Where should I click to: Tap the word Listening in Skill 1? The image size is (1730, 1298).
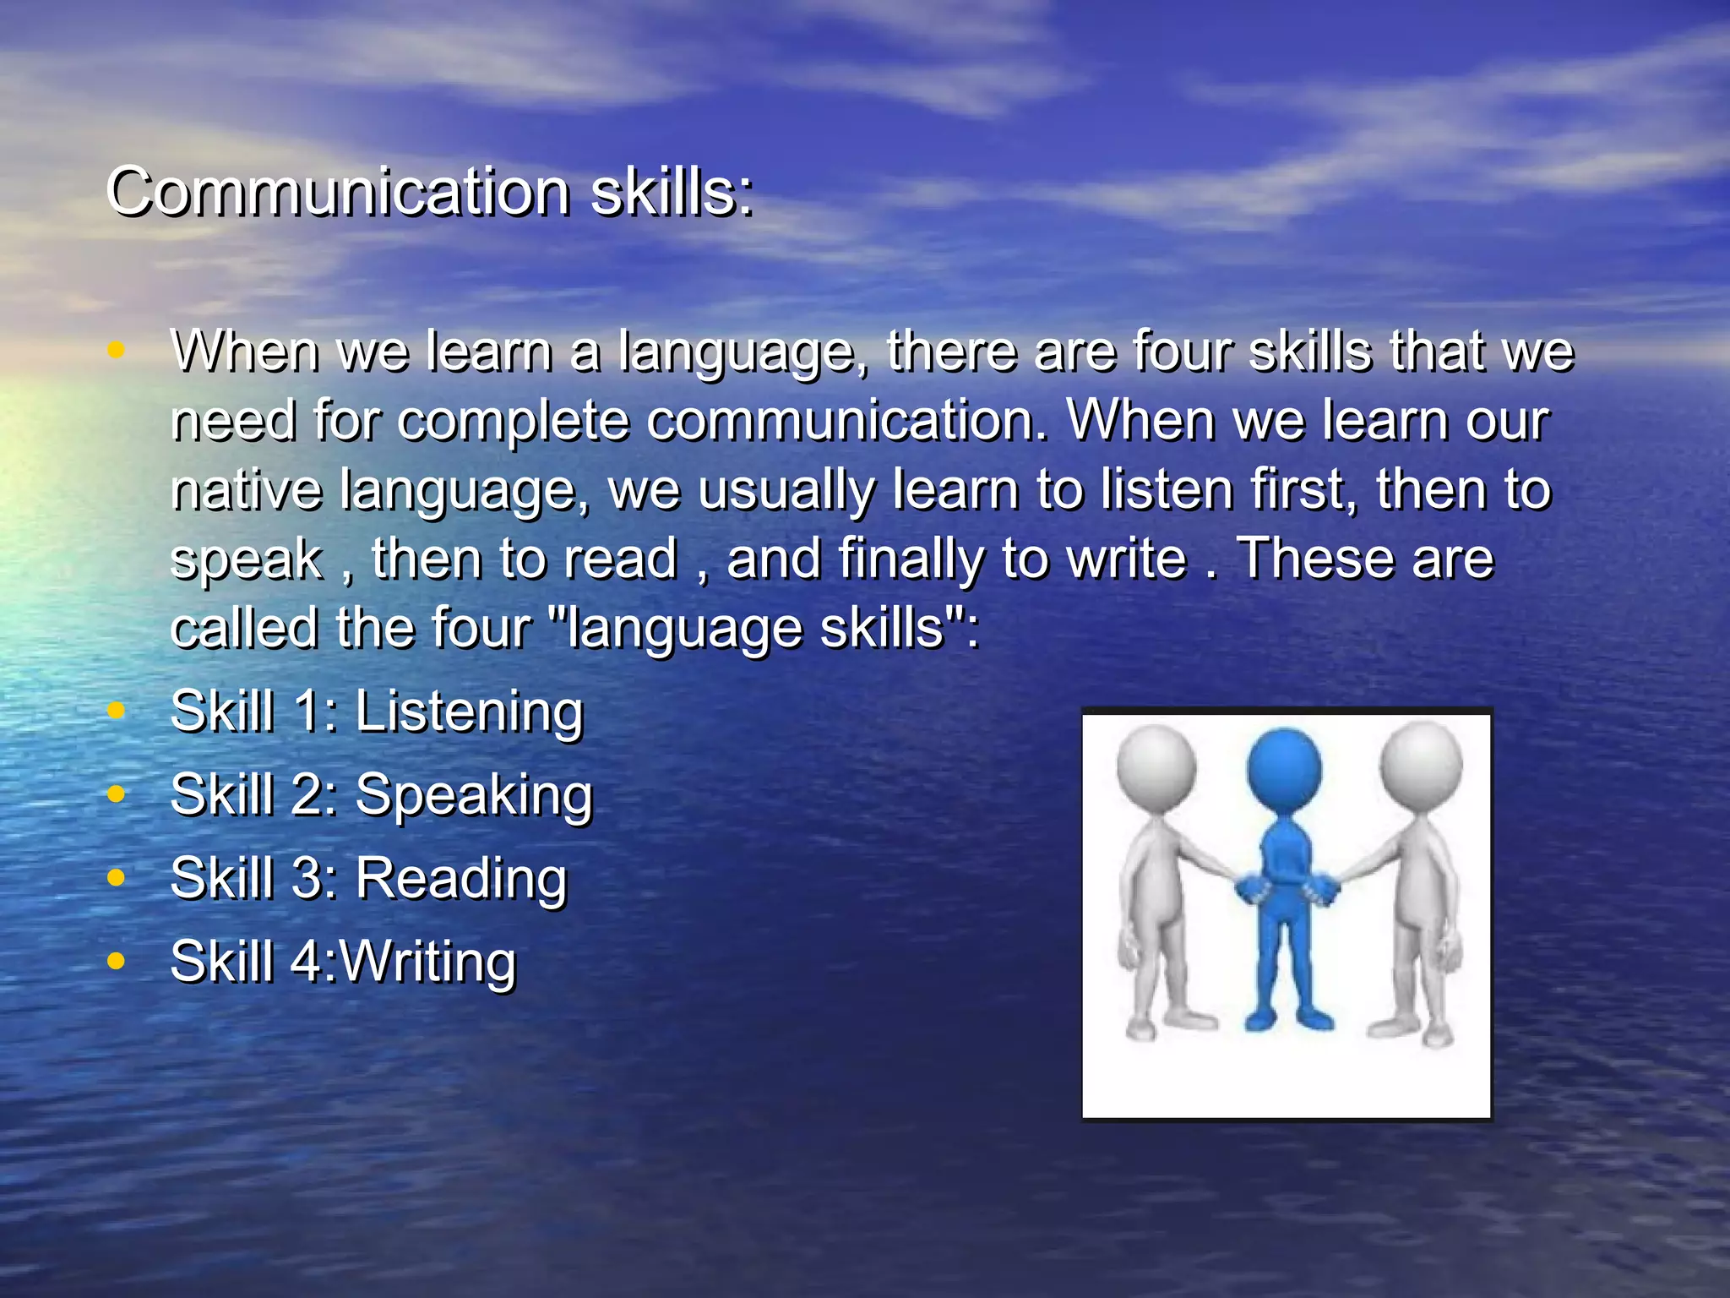click(469, 712)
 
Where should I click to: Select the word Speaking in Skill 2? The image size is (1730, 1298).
click(474, 795)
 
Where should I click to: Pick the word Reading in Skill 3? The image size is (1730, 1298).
click(461, 878)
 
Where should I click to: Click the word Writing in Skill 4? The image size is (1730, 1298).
click(427, 962)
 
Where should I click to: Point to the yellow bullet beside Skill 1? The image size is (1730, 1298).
click(117, 711)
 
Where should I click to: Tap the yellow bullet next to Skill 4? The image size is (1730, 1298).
click(117, 961)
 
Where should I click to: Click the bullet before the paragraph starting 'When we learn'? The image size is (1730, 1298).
click(117, 350)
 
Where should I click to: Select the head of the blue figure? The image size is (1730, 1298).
click(1284, 770)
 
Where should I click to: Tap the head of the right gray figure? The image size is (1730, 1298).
click(1421, 764)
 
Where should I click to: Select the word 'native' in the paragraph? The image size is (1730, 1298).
click(246, 489)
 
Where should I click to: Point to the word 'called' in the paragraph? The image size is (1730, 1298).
click(244, 628)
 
